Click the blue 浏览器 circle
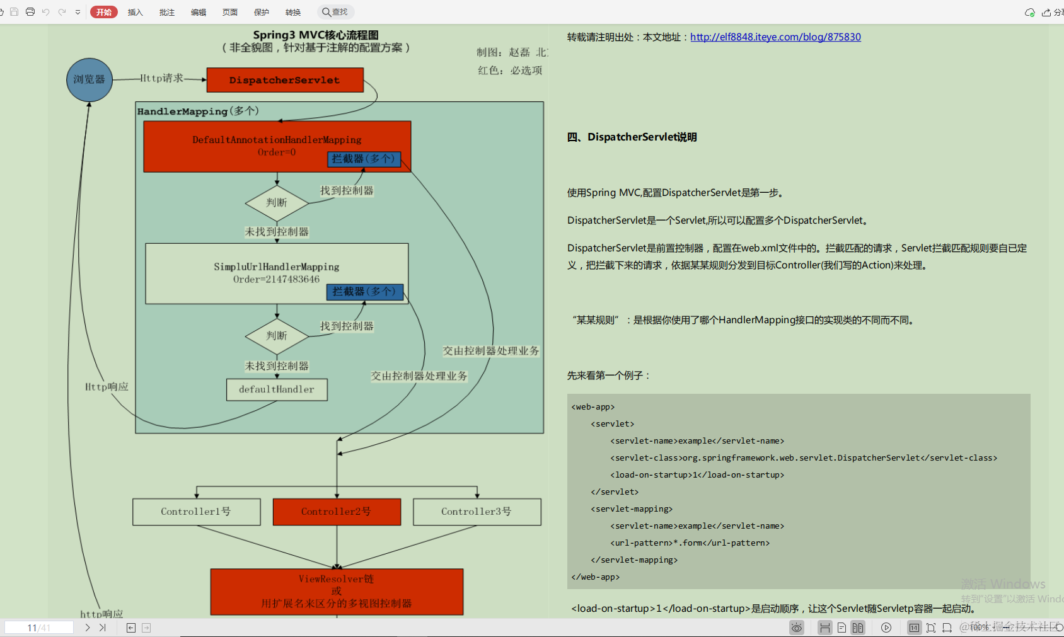tap(90, 80)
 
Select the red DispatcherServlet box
tap(285, 80)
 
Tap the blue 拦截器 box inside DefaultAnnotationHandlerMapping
tap(364, 159)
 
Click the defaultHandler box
tap(277, 389)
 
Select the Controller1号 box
tap(196, 512)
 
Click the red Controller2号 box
tap(337, 512)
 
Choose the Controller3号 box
tap(477, 512)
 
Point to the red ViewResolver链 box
tap(337, 591)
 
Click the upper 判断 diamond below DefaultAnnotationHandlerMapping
tap(277, 203)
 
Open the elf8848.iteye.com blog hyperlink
tap(775, 37)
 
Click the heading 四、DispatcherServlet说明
tap(632, 137)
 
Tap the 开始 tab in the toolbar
tap(104, 12)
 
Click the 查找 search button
tap(335, 12)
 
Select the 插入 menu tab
tap(136, 12)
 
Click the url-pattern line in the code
tap(690, 543)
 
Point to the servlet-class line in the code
tap(803, 458)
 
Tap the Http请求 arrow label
tap(161, 78)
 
